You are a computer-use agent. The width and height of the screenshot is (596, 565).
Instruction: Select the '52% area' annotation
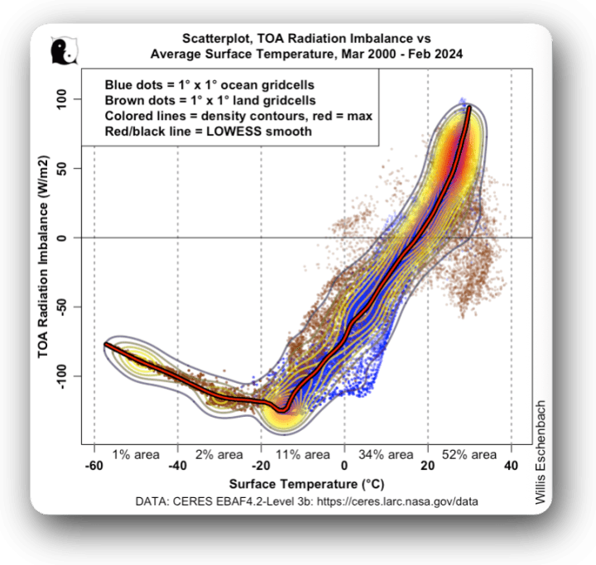click(469, 454)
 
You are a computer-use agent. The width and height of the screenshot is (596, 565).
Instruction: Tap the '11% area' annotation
click(303, 454)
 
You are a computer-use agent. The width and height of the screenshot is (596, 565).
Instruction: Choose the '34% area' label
click(386, 454)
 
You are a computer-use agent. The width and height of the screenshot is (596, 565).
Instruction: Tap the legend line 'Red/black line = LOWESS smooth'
click(208, 131)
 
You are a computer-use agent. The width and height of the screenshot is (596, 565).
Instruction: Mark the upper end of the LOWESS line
click(469, 108)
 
